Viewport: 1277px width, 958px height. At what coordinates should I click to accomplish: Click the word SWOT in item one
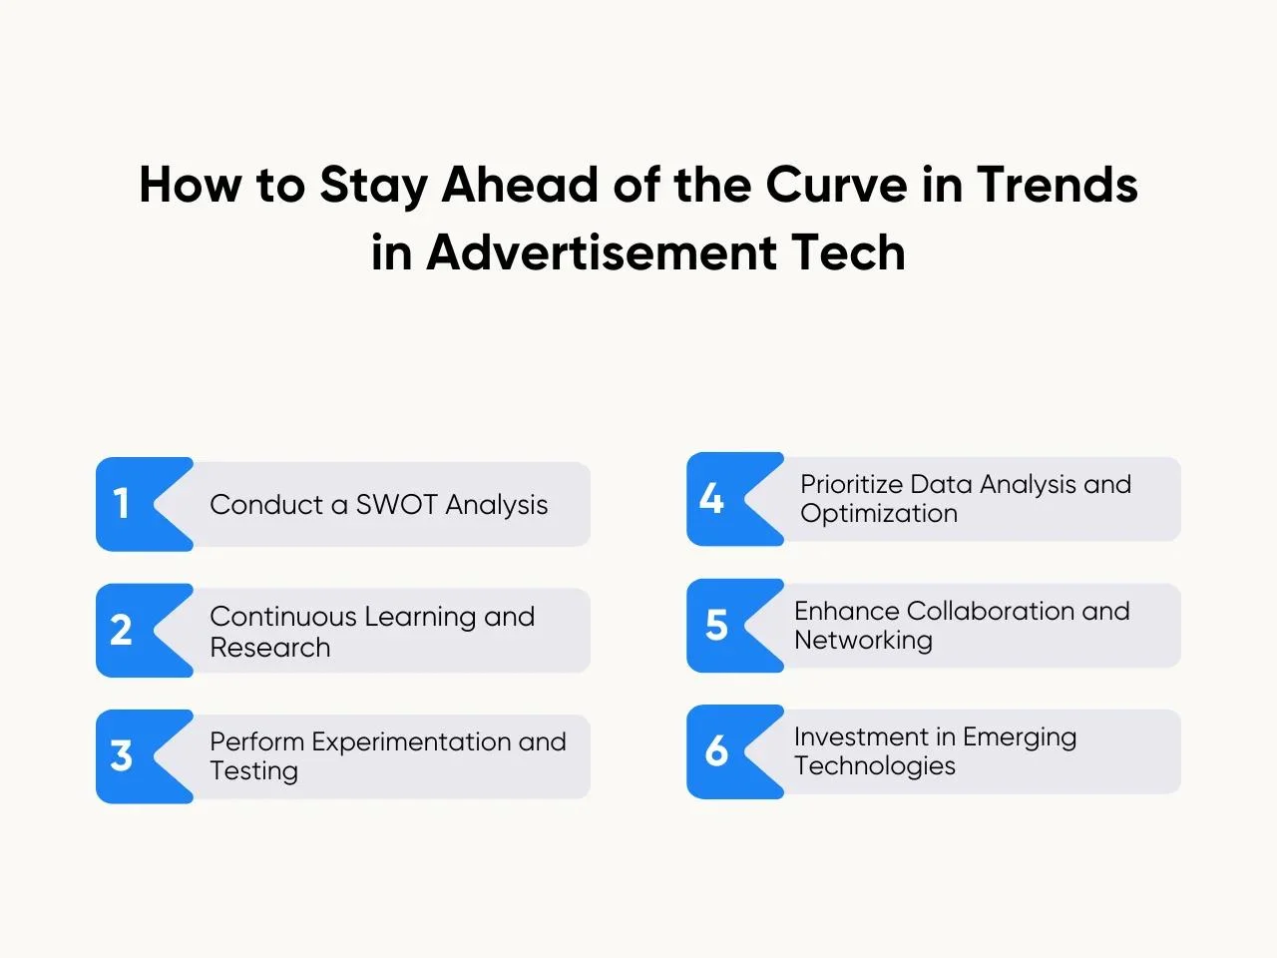click(x=396, y=504)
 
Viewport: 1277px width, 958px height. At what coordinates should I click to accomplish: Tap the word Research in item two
click(x=270, y=647)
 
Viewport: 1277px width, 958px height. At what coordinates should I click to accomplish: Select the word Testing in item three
click(x=253, y=770)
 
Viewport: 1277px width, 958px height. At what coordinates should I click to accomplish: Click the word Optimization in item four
click(x=879, y=514)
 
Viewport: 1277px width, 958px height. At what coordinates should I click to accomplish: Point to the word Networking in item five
click(x=863, y=640)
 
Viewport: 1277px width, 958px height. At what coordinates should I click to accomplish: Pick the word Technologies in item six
click(x=875, y=765)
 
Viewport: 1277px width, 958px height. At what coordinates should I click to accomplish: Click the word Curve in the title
click(x=836, y=185)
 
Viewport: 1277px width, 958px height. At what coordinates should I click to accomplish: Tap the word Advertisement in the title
click(x=602, y=252)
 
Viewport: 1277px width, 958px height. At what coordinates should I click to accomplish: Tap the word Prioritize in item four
click(x=851, y=484)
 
